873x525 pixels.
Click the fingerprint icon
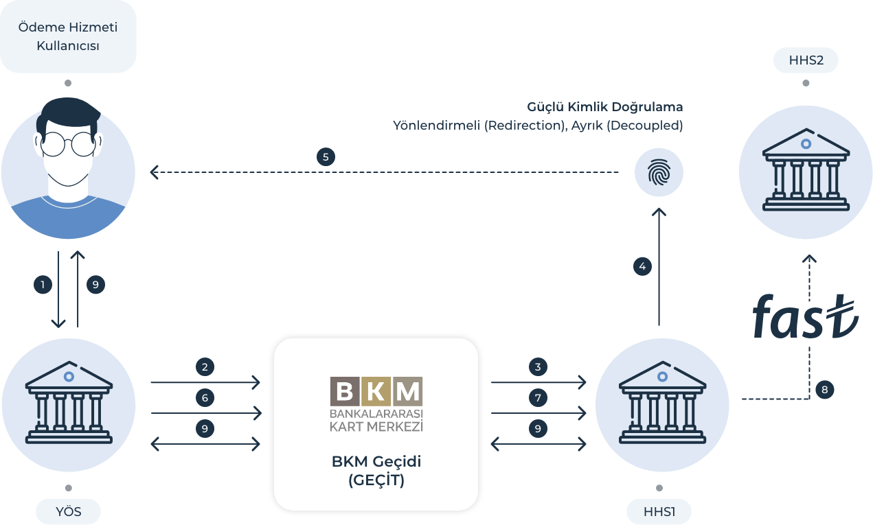pyautogui.click(x=659, y=174)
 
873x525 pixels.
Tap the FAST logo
pyautogui.click(x=804, y=316)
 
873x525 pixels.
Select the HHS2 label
pyautogui.click(x=806, y=61)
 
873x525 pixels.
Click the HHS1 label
pyautogui.click(x=659, y=511)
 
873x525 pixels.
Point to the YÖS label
pyautogui.click(x=68, y=511)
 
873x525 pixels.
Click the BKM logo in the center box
pyautogui.click(x=376, y=404)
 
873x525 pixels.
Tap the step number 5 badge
pyautogui.click(x=326, y=156)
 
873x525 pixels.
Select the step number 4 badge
pyautogui.click(x=642, y=266)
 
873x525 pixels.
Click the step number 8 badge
pyautogui.click(x=825, y=390)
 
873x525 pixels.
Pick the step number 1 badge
pyautogui.click(x=43, y=284)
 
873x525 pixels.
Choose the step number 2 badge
pyautogui.click(x=205, y=367)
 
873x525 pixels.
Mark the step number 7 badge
pyautogui.click(x=538, y=398)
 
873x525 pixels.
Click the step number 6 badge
pyautogui.click(x=205, y=398)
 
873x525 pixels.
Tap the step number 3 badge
pyautogui.click(x=538, y=367)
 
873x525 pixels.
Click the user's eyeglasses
pyautogui.click(x=67, y=145)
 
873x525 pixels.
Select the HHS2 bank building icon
pyautogui.click(x=805, y=172)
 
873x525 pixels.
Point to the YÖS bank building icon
pyautogui.click(x=68, y=405)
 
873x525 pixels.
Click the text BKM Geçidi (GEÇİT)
pyautogui.click(x=376, y=471)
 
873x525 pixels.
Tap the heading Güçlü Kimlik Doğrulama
pyautogui.click(x=605, y=107)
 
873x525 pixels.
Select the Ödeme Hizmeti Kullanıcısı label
pyautogui.click(x=68, y=37)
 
